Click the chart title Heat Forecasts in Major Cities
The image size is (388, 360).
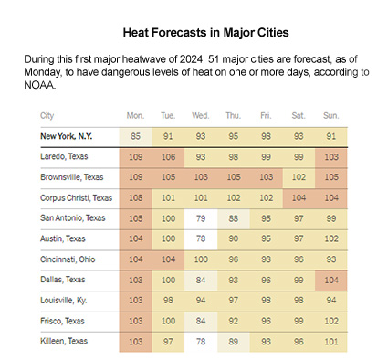[194, 31]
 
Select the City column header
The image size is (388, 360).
[47, 116]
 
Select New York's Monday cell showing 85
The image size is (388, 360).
[136, 137]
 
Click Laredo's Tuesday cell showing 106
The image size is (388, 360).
[168, 158]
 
